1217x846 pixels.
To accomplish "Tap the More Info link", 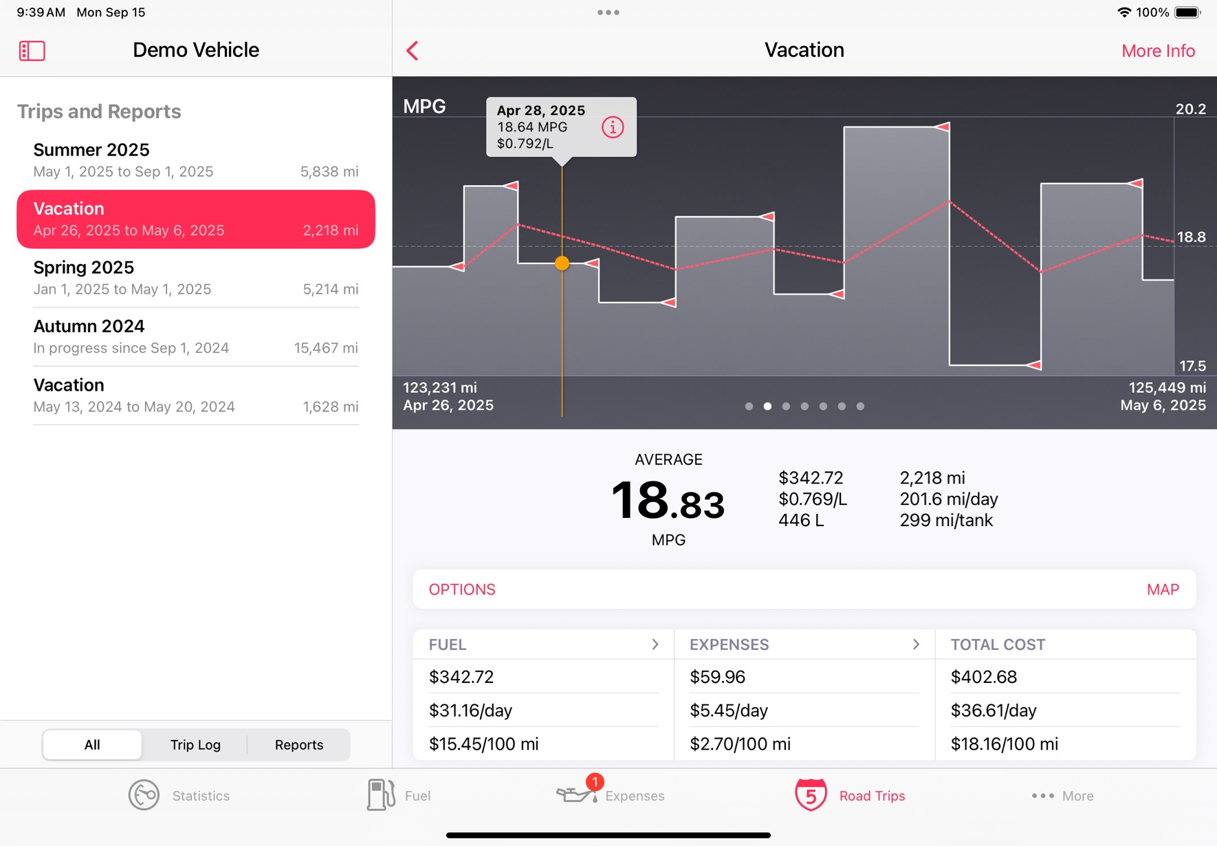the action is tap(1158, 51).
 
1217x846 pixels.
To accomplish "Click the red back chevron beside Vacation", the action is tap(413, 50).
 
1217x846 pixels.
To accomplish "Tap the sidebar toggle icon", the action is tap(32, 51).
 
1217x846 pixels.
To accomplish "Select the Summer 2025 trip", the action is tap(196, 160).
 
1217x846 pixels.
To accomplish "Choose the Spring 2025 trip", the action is tap(196, 278).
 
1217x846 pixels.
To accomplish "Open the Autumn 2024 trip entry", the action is tap(196, 336).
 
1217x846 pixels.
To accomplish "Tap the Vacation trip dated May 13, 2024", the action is tap(196, 395).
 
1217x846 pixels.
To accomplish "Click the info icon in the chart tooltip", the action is tap(613, 127).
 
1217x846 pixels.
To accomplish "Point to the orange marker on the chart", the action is tap(562, 263).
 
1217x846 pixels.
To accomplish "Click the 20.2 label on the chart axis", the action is tap(1190, 109).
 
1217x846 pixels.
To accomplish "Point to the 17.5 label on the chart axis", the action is tap(1192, 366).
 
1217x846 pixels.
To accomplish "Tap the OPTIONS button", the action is tap(462, 589).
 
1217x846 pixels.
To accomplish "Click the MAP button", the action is tap(1163, 589).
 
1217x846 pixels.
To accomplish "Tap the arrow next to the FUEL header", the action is tap(655, 644).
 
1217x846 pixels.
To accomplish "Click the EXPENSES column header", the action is tap(729, 644).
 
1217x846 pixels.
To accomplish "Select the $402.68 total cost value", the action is tap(983, 677).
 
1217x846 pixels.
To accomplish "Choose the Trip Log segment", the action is tap(195, 745).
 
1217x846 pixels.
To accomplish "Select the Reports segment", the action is tap(299, 745).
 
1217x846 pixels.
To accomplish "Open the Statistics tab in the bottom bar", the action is tap(179, 796).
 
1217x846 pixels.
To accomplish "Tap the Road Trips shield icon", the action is tap(811, 795).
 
